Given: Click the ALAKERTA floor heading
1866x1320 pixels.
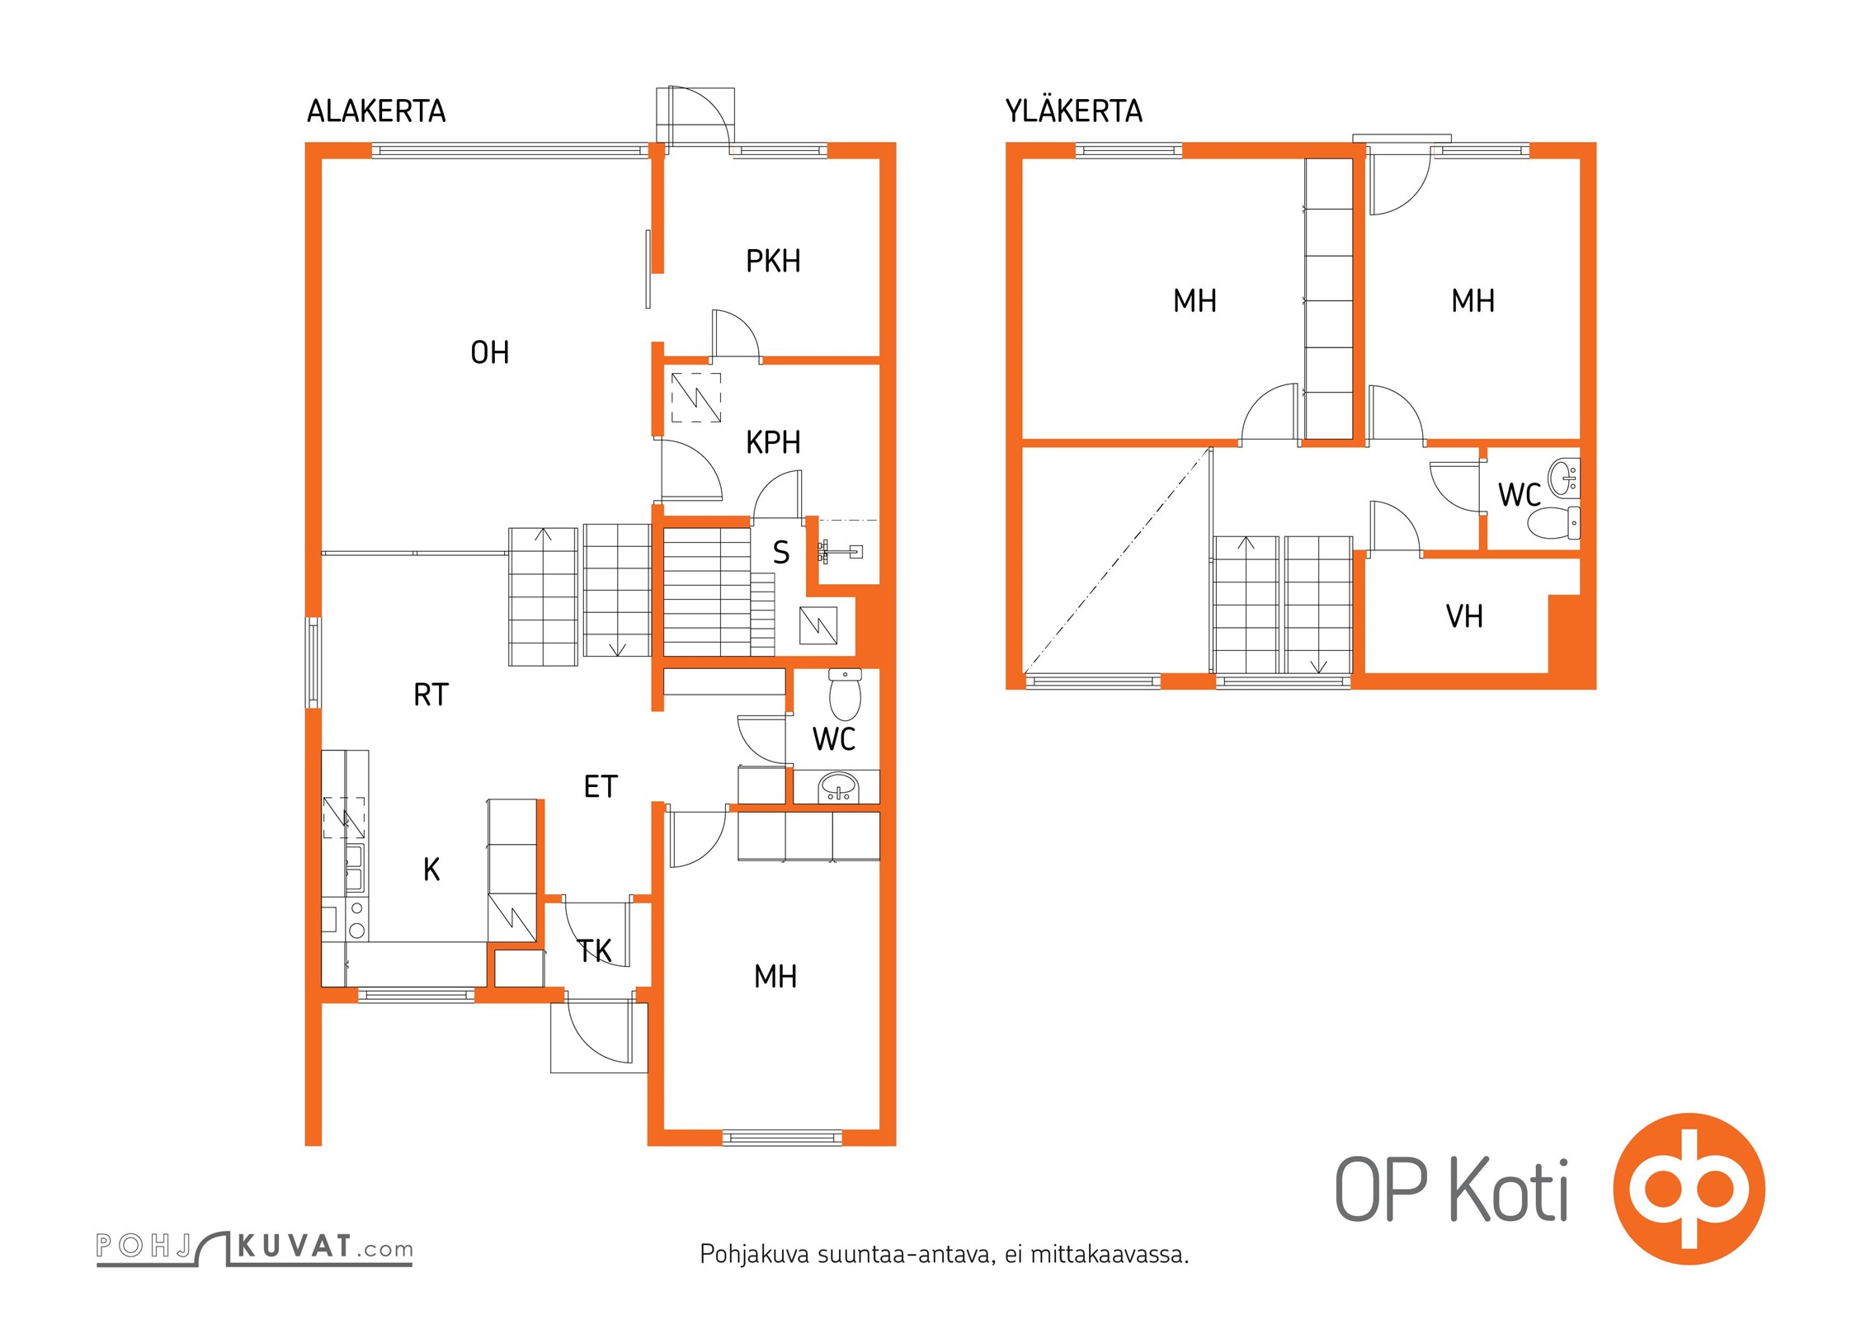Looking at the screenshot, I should [x=376, y=111].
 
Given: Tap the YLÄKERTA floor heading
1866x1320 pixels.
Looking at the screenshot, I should [x=1073, y=111].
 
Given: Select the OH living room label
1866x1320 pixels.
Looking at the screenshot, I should [x=489, y=353].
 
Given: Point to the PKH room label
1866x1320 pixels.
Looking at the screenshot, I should [x=773, y=262].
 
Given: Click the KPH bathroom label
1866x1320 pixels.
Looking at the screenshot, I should [x=773, y=443].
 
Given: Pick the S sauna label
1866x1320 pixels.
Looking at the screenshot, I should [x=780, y=553].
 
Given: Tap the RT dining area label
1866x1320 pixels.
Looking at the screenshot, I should [x=431, y=695].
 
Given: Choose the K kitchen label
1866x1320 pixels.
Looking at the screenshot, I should [x=431, y=870].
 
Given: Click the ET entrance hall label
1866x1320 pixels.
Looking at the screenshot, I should [x=601, y=787].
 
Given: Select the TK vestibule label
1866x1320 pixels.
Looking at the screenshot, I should [x=594, y=951].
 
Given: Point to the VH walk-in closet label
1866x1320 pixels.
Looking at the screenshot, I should [x=1464, y=616].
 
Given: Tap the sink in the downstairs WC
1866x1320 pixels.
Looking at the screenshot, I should [x=838, y=788].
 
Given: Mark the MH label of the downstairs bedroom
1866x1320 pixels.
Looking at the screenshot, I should [x=775, y=977].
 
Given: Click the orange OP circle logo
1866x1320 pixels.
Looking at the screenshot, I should [x=1689, y=1189].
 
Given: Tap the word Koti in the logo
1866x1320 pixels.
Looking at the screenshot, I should [x=1509, y=1190].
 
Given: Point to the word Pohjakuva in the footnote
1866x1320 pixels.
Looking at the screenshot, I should [x=754, y=1255].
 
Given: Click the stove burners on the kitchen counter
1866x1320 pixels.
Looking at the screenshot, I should [x=357, y=920].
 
